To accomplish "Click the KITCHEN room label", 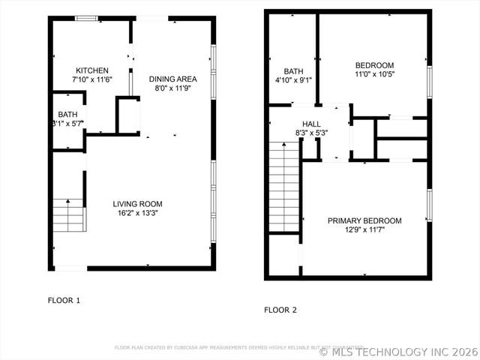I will tap(91, 70).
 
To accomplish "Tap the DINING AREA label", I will tap(172, 79).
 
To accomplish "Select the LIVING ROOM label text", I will tap(137, 203).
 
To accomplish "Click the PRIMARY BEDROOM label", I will tap(364, 220).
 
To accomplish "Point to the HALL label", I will tap(311, 124).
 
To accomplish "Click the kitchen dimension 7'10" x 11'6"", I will tap(91, 79).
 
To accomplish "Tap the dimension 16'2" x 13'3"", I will tap(137, 213).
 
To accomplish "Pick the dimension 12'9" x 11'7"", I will tap(364, 230).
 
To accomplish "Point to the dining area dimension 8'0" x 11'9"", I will tap(172, 88).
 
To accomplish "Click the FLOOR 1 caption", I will tap(64, 300).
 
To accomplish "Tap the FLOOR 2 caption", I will tap(280, 309).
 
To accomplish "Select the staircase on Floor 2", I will tap(284, 190).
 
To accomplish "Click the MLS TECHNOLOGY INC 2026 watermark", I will tap(397, 350).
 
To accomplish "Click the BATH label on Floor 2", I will tap(292, 70).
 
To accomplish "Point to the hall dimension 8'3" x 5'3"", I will tap(311, 133).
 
